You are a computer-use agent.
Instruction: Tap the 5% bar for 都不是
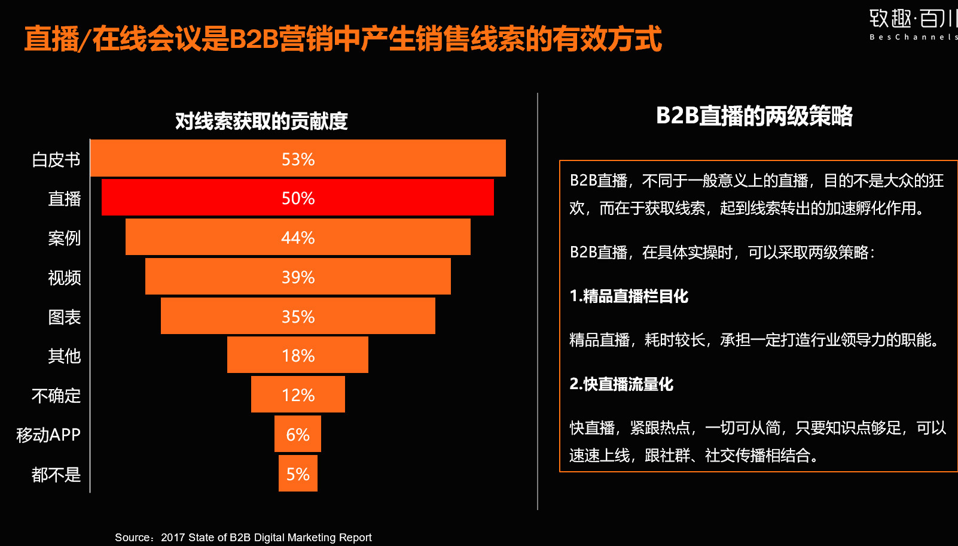[298, 474]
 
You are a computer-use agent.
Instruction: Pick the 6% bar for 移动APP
[298, 434]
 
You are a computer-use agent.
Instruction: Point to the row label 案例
[64, 238]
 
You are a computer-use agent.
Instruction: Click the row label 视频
[64, 278]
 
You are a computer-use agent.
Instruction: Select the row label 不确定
[56, 396]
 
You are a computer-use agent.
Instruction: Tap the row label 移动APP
[48, 435]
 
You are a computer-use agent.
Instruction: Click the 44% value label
[298, 238]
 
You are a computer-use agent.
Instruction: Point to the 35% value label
[298, 317]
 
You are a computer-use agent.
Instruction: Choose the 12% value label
[298, 395]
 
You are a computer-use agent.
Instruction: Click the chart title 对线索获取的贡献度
[261, 121]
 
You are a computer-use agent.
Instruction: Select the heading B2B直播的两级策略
[754, 116]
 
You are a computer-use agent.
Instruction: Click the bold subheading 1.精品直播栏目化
[629, 296]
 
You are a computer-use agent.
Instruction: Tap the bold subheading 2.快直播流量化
[621, 384]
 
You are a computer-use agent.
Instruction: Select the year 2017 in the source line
[173, 538]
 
